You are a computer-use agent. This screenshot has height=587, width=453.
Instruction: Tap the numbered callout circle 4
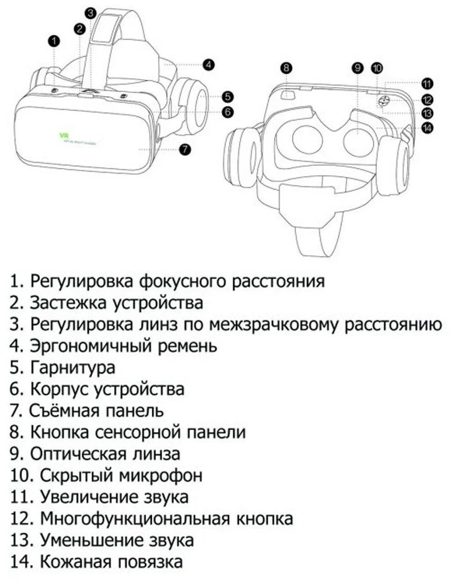(x=208, y=64)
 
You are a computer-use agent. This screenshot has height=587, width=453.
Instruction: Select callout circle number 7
(x=185, y=149)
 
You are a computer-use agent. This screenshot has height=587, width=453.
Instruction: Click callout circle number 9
(x=357, y=67)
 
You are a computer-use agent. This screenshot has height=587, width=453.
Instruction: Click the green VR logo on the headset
(x=64, y=136)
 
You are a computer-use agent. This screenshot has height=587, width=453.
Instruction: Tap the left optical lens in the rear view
(x=306, y=138)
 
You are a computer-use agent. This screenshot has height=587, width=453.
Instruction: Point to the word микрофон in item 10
(x=161, y=476)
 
